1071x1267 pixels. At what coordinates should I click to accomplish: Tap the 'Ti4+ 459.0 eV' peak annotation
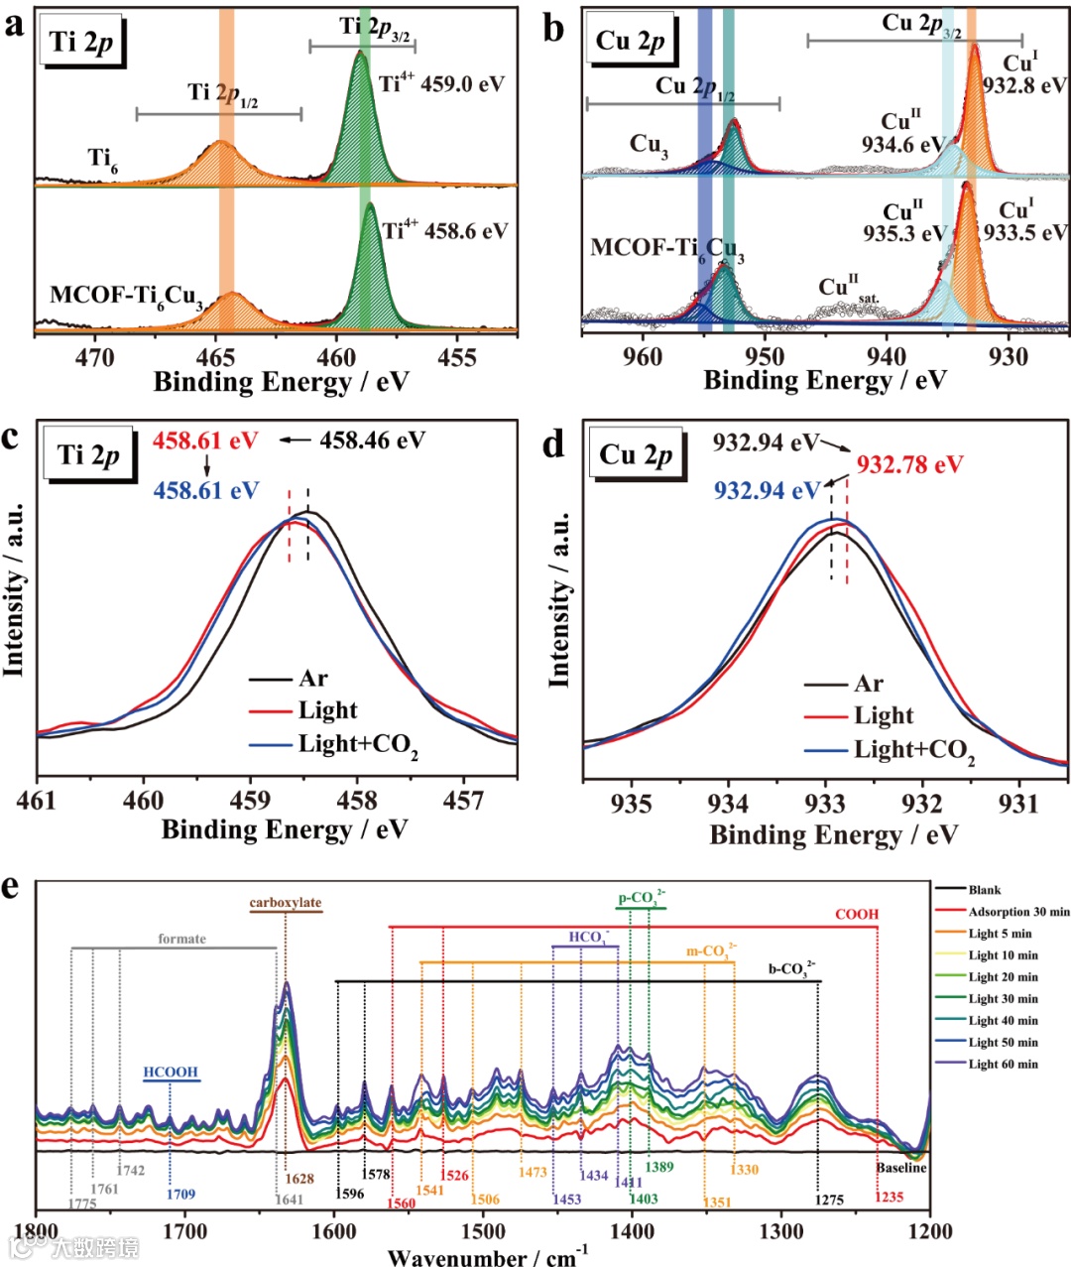pyautogui.click(x=441, y=83)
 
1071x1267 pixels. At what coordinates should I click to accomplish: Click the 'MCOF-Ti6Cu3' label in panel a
pyautogui.click(x=126, y=297)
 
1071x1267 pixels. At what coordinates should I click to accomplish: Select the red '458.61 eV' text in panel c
pyautogui.click(x=204, y=441)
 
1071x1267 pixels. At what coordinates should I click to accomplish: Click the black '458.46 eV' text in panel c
pyautogui.click(x=372, y=440)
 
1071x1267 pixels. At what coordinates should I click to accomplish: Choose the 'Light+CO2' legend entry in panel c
pyautogui.click(x=358, y=745)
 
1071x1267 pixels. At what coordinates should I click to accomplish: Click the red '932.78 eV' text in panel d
pyautogui.click(x=909, y=464)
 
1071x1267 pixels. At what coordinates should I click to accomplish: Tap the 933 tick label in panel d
pyautogui.click(x=826, y=804)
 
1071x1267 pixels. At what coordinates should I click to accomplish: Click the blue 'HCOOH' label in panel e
pyautogui.click(x=171, y=1073)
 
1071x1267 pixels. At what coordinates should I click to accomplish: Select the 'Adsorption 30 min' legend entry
pyautogui.click(x=1018, y=911)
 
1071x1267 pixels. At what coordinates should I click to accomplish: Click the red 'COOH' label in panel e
pyautogui.click(x=857, y=914)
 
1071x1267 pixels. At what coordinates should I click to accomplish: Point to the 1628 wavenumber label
pyautogui.click(x=299, y=1179)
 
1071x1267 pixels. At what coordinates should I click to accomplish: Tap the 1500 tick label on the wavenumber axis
pyautogui.click(x=483, y=1232)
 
